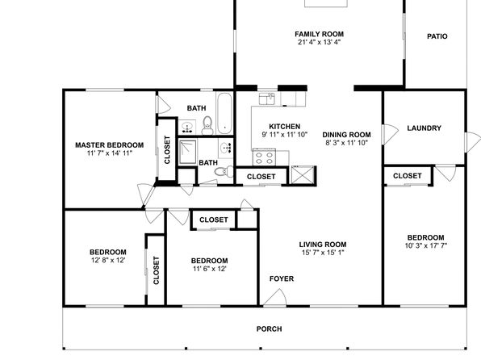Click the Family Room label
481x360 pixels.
click(x=319, y=34)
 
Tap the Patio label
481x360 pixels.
click(x=437, y=36)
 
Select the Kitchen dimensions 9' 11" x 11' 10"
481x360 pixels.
click(x=284, y=135)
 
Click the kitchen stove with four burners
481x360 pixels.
click(x=264, y=157)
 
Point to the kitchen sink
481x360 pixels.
click(x=267, y=98)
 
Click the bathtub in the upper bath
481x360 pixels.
click(x=224, y=113)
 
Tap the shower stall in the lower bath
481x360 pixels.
click(x=187, y=152)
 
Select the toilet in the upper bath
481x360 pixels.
click(x=207, y=126)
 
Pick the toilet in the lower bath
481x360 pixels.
click(x=224, y=171)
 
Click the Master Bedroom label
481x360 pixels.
click(x=109, y=144)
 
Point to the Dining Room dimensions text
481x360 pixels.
click(x=347, y=143)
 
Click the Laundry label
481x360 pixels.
click(x=424, y=128)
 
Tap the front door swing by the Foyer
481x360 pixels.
click(x=275, y=297)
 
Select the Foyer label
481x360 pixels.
click(x=282, y=278)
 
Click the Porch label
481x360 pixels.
click(x=269, y=329)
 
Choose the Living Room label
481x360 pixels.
click(x=323, y=245)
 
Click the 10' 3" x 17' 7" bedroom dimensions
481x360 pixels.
click(x=426, y=245)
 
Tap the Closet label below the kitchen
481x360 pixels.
click(x=261, y=177)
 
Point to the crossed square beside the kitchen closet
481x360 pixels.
click(x=303, y=175)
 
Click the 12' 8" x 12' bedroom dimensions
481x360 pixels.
click(x=108, y=260)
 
